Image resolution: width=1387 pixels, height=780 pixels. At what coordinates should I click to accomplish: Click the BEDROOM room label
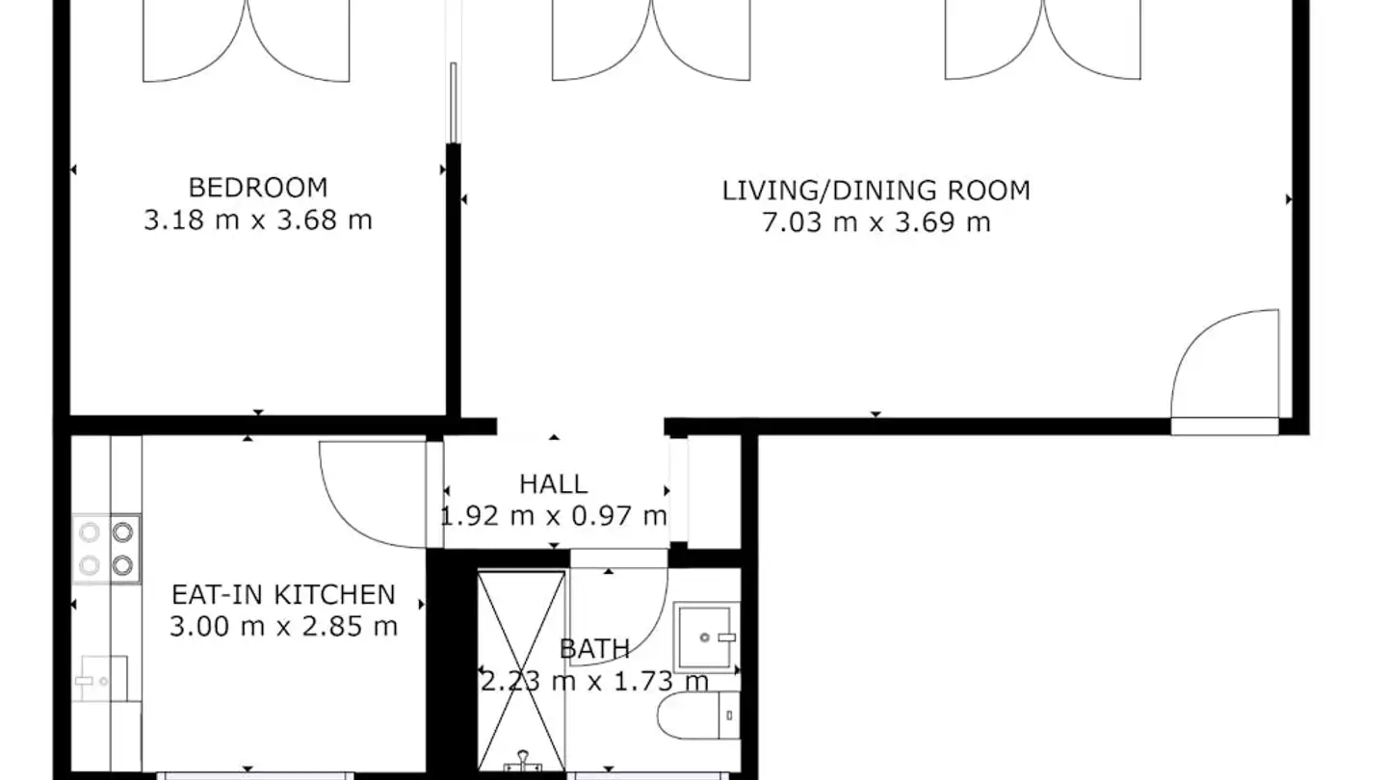tap(257, 187)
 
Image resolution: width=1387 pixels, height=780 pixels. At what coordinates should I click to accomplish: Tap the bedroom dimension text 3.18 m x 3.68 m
tap(257, 221)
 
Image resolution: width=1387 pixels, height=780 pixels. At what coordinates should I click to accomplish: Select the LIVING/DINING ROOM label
tap(876, 190)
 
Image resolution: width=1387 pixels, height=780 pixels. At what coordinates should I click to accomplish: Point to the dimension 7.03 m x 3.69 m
tap(876, 223)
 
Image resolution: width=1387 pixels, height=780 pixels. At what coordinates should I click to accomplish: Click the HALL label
tap(553, 483)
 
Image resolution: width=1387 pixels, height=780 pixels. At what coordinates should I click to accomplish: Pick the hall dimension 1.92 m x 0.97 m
tap(553, 516)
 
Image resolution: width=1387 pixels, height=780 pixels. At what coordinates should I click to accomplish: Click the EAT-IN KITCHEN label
tap(282, 594)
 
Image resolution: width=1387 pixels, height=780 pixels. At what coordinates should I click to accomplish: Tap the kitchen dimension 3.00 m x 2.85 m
tap(282, 627)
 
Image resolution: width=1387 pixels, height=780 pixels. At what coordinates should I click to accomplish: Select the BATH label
tap(594, 650)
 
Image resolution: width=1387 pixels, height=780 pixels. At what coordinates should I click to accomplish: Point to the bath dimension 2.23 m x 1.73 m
tap(594, 682)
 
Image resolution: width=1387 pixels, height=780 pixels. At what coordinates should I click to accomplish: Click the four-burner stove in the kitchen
tap(106, 548)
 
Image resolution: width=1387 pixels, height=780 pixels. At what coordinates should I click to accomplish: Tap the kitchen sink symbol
tap(101, 680)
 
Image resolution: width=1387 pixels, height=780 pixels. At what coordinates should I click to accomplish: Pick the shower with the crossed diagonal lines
tap(521, 670)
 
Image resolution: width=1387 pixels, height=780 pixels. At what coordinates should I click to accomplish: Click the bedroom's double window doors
tap(247, 40)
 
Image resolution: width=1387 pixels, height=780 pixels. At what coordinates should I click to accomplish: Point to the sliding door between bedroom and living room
tap(451, 101)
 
